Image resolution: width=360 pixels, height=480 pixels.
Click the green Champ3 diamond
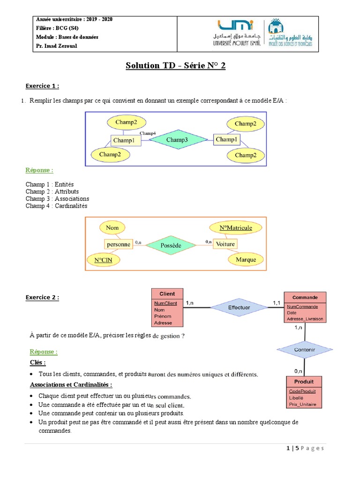(x=177, y=140)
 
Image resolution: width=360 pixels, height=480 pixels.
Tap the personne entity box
(x=118, y=244)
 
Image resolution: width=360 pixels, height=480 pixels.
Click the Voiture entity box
(x=225, y=244)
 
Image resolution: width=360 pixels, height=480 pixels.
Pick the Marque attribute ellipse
(x=246, y=259)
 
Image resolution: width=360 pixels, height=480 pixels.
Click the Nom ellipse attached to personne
(x=112, y=228)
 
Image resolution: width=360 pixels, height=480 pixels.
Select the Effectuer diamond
(x=239, y=307)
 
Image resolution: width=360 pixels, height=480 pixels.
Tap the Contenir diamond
(x=304, y=350)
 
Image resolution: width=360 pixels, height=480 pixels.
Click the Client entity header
(x=167, y=294)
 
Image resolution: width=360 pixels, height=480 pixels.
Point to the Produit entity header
(x=304, y=381)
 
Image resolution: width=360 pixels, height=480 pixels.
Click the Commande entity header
(x=305, y=297)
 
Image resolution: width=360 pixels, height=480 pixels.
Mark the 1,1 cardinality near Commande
(x=277, y=303)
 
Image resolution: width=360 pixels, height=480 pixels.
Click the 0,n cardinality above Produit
(x=298, y=370)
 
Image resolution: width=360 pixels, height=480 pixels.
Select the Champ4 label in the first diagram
(x=148, y=134)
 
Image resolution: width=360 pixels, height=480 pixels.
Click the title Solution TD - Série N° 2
(x=175, y=66)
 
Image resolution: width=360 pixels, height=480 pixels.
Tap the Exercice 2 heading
(x=42, y=297)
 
